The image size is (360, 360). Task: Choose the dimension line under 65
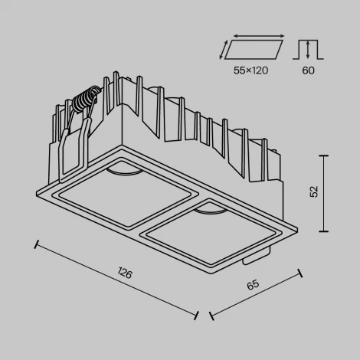(255, 293)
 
